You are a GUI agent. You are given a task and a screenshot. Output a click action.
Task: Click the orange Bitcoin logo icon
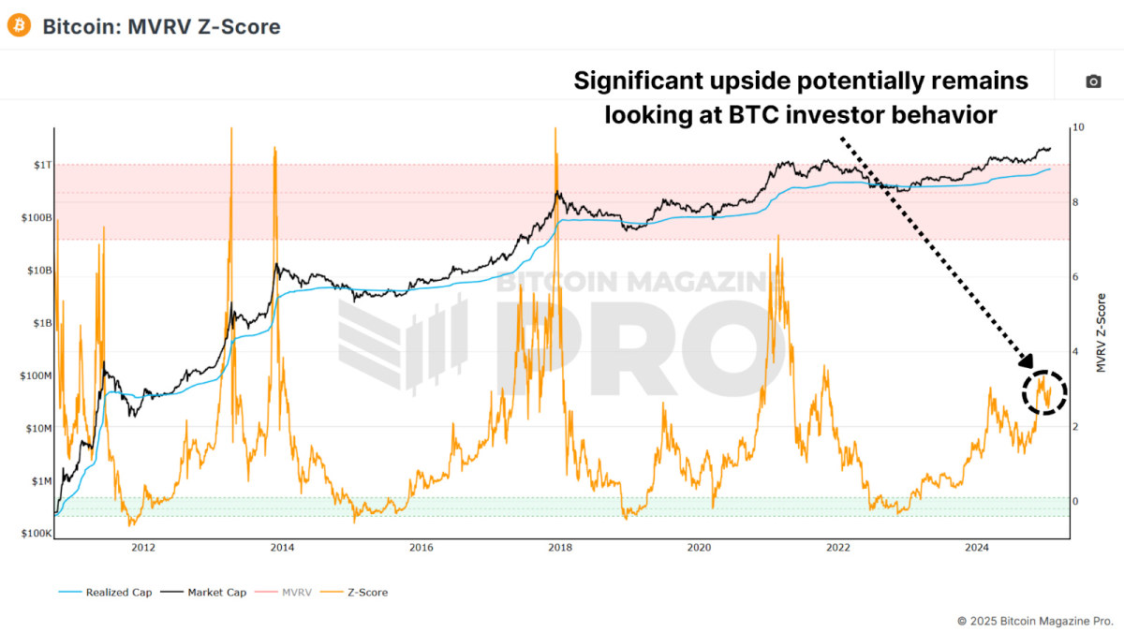[x=19, y=25]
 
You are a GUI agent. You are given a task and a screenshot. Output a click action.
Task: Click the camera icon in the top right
[x=1093, y=81]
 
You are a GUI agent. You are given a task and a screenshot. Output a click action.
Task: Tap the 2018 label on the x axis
[x=560, y=548]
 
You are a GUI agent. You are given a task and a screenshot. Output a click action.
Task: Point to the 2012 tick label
[x=142, y=548]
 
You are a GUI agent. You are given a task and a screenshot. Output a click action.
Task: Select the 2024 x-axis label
[x=977, y=548]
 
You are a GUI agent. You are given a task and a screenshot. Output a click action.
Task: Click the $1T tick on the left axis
[x=36, y=165]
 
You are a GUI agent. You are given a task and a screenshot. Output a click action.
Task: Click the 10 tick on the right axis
[x=1078, y=127]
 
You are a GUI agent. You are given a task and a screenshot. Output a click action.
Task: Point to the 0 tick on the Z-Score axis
[x=1076, y=502]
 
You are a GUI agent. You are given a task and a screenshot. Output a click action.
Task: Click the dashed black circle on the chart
[x=1044, y=391]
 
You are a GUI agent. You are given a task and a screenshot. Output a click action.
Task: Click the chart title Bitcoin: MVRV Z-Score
[x=161, y=26]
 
